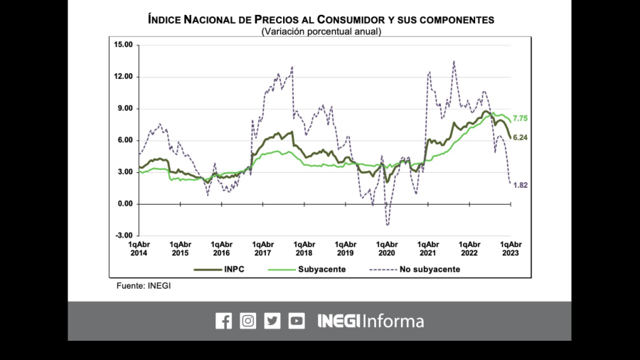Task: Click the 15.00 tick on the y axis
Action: click(123, 45)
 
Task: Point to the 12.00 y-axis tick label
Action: click(123, 77)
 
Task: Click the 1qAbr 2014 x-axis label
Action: click(139, 248)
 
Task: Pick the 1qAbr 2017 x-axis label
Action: click(262, 248)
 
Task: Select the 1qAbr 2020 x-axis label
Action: click(386, 248)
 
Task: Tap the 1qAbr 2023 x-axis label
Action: click(511, 248)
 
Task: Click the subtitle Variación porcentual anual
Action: click(321, 31)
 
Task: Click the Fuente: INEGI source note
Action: click(144, 285)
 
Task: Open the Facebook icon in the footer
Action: click(223, 321)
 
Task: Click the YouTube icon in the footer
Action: click(297, 321)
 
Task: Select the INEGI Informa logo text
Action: click(370, 321)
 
